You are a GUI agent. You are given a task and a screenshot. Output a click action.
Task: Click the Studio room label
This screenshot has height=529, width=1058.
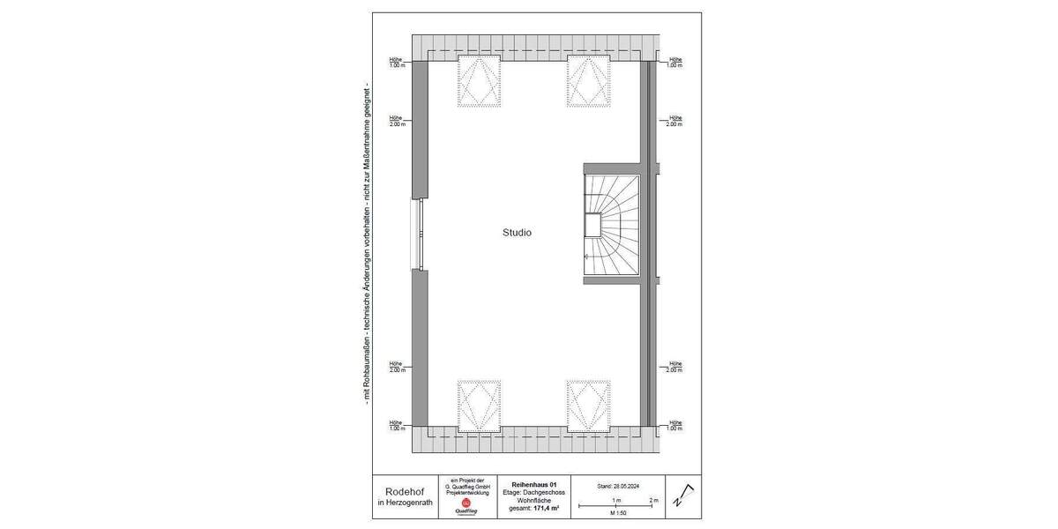[517, 234]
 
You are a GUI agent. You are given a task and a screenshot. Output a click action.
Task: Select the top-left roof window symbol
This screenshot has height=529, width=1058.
[479, 80]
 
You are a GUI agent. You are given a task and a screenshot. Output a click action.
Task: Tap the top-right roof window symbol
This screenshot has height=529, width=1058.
[588, 80]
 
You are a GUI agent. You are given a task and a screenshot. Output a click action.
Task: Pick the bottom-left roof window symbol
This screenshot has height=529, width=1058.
[479, 405]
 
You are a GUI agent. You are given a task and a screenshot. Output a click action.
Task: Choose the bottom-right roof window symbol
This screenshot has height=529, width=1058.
[588, 405]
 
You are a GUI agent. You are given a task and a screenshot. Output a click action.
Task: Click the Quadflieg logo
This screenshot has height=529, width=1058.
[466, 508]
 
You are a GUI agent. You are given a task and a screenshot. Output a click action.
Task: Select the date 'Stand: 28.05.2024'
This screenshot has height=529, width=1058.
[616, 486]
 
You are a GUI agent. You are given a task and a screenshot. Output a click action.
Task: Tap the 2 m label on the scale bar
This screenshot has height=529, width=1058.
[653, 500]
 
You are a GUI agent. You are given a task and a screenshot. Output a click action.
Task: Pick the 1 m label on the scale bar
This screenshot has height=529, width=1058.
[616, 500]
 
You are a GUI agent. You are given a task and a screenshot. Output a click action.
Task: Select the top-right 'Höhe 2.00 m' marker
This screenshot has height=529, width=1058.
[674, 121]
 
